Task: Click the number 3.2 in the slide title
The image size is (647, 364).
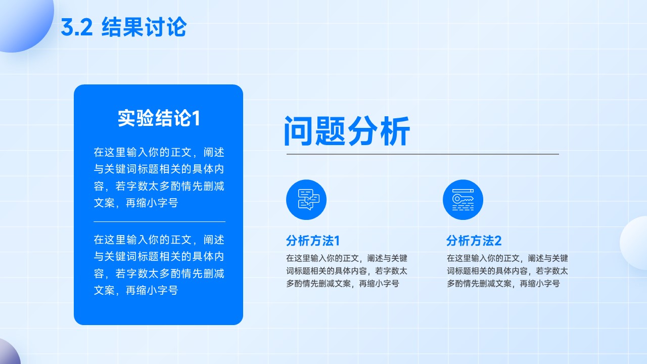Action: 77,27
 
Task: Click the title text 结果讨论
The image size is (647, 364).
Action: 144,27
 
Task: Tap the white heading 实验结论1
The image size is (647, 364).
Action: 159,118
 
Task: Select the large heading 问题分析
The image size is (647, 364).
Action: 347,131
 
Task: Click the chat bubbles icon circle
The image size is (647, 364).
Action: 306,200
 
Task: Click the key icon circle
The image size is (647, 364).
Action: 463,200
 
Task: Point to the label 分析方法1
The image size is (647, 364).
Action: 313,241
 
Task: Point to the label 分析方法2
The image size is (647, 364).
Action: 474,241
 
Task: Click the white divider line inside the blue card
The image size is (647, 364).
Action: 159,221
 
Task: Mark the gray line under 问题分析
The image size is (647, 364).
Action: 423,154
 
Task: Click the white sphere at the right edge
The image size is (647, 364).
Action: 634,243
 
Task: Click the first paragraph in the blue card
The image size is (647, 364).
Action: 159,177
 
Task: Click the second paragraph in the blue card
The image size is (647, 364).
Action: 159,265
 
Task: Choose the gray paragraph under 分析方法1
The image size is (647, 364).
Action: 347,270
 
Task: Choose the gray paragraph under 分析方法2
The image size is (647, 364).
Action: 507,270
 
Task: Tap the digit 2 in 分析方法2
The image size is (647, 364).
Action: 498,241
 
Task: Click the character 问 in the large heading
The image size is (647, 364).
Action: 298,131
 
